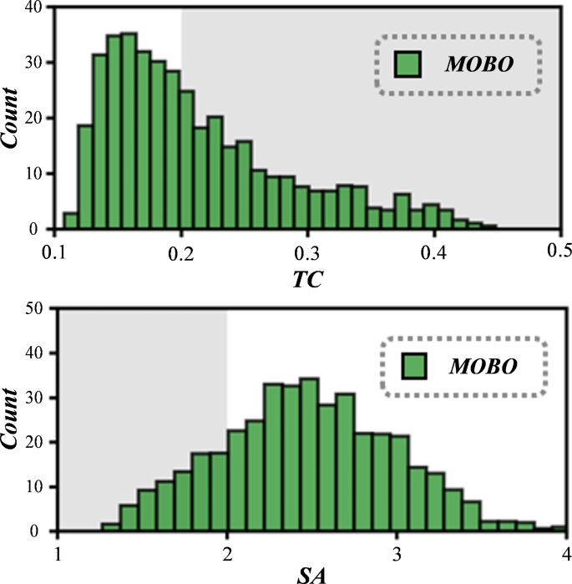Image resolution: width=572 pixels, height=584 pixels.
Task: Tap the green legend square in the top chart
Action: (x=407, y=65)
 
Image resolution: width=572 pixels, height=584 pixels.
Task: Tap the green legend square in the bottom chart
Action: (x=415, y=367)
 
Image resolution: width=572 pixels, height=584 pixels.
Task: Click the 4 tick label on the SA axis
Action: (x=565, y=552)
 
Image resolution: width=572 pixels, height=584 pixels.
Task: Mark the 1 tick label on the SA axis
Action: (x=57, y=552)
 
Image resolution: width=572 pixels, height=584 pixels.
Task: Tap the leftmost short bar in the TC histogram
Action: (x=70, y=221)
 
